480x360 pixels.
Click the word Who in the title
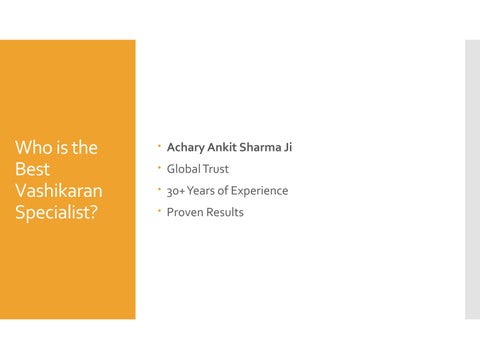[33, 148]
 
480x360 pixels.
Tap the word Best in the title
[32, 169]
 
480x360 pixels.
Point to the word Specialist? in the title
[56, 212]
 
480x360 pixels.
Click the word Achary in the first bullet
[186, 148]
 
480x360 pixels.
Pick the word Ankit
[226, 148]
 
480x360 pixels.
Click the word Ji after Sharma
[288, 148]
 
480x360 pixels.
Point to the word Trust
[216, 169]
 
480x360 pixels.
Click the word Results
[226, 212]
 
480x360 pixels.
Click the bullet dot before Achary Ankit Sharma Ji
[158, 147]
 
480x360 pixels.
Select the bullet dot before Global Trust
[158, 168]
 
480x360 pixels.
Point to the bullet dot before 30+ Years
[158, 189]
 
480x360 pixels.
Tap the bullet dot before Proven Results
[158, 211]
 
